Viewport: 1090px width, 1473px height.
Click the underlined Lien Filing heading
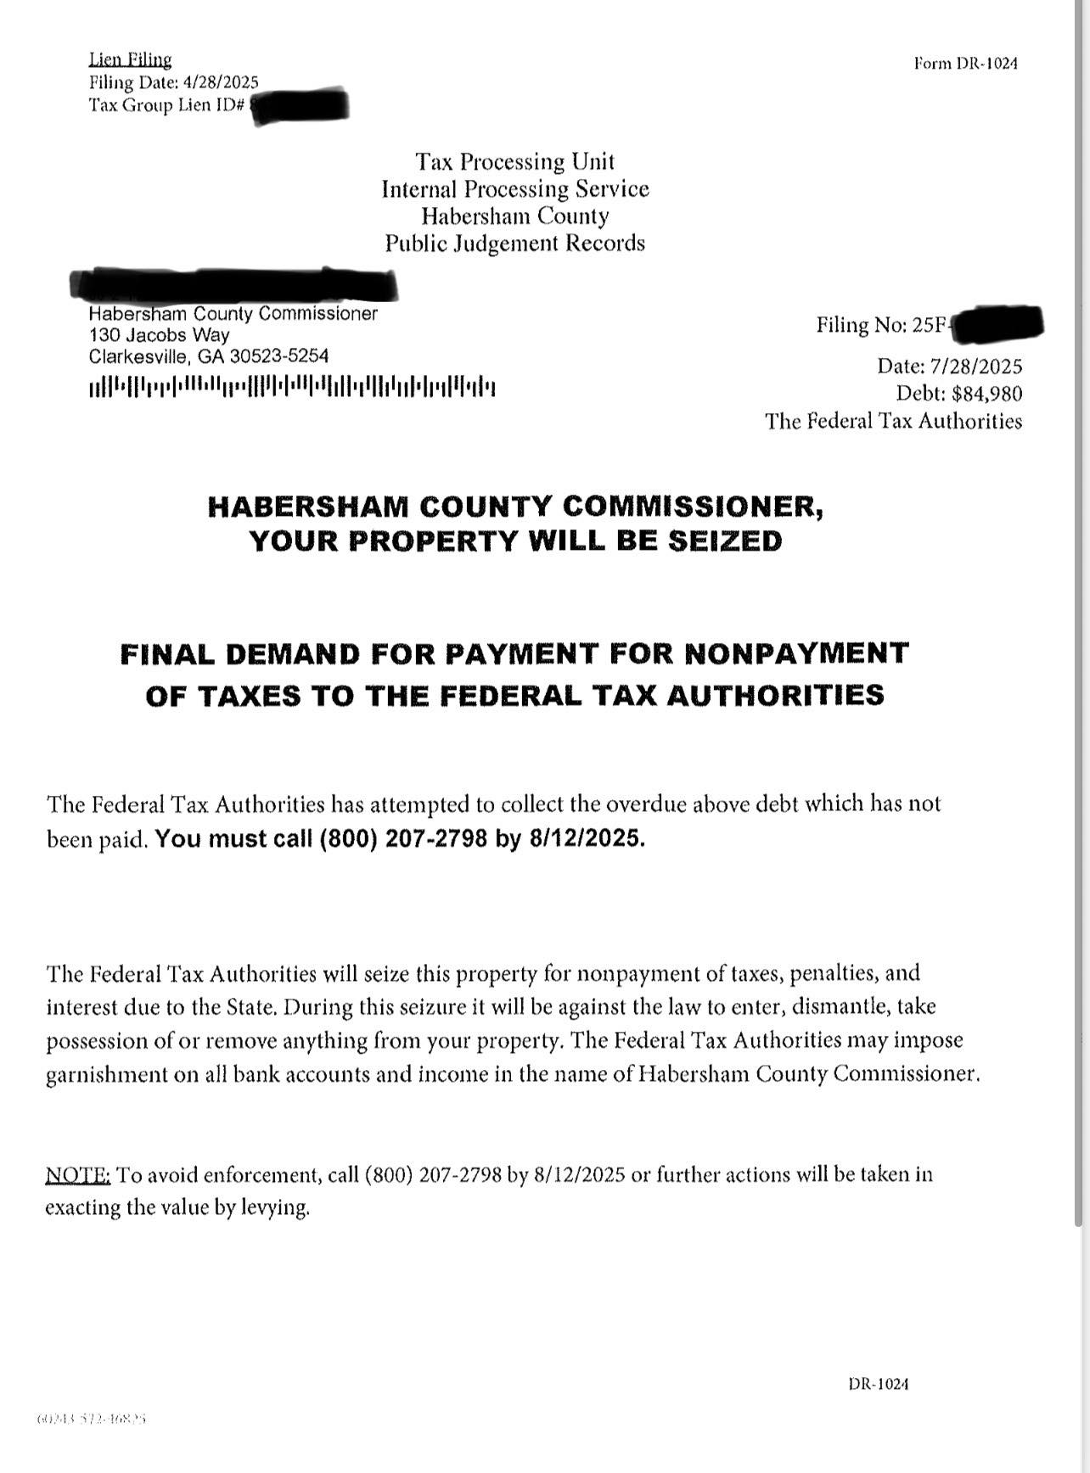click(x=130, y=59)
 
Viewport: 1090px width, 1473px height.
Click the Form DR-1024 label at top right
click(x=965, y=63)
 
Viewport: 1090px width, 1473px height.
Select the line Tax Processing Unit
click(x=514, y=161)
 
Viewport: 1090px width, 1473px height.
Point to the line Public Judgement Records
click(x=514, y=244)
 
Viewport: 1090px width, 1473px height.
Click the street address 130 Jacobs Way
click(x=159, y=334)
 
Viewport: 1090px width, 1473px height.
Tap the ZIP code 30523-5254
click(x=279, y=356)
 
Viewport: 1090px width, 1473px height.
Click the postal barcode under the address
click(x=292, y=388)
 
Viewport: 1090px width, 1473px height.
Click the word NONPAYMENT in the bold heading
click(x=796, y=653)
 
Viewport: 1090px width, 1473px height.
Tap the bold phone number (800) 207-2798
click(x=403, y=839)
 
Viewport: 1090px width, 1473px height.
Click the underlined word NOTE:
click(x=77, y=1175)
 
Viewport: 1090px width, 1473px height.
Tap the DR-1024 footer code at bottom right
click(x=878, y=1384)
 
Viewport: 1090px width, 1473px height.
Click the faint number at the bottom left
click(x=92, y=1419)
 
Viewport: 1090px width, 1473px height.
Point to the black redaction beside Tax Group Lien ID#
click(x=301, y=105)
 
